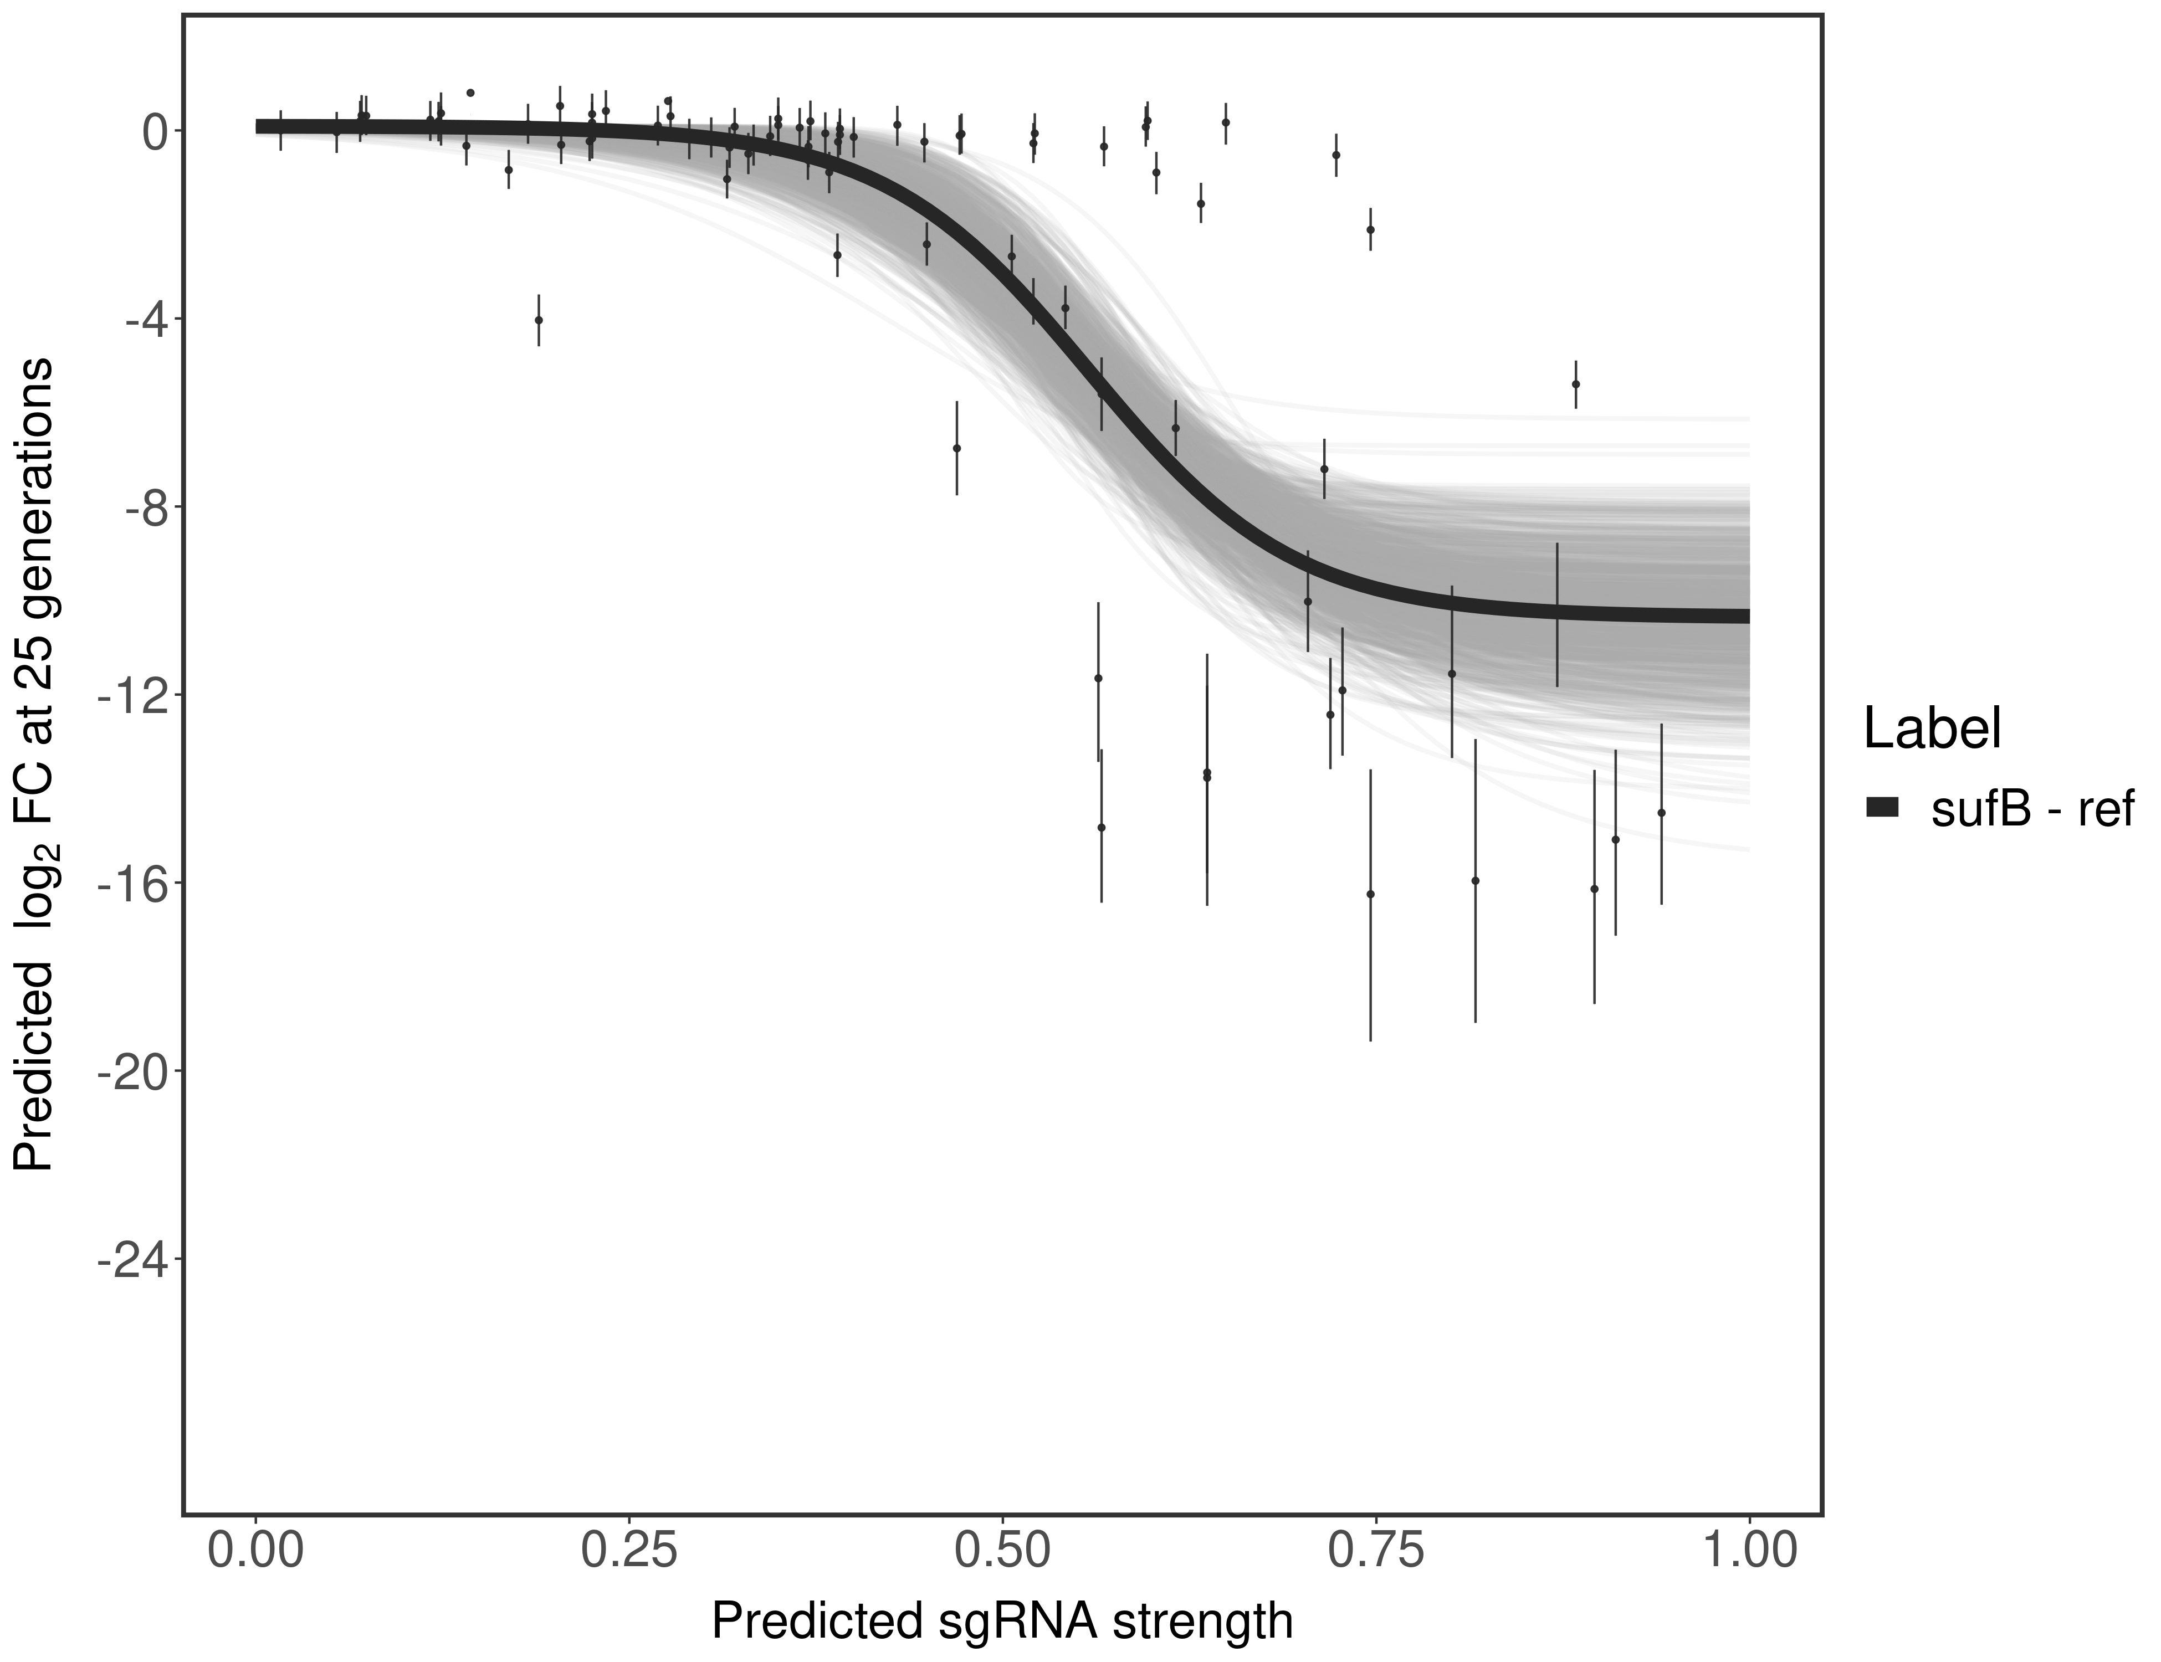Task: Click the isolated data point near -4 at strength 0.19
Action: (x=538, y=320)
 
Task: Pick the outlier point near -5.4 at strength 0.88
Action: (x=1575, y=384)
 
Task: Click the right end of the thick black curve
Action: (x=1745, y=615)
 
